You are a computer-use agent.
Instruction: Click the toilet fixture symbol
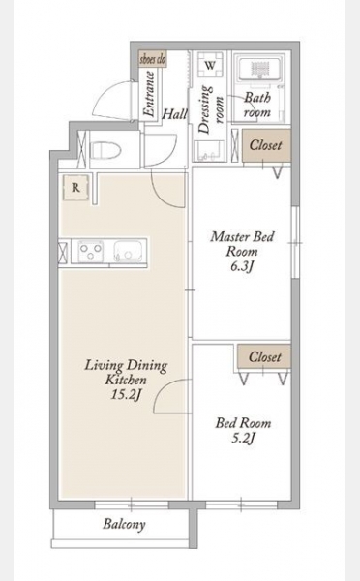click(x=106, y=150)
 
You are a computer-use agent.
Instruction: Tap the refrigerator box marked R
click(x=75, y=188)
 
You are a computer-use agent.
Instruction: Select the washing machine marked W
click(x=210, y=66)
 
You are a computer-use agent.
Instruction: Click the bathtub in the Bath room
click(x=262, y=70)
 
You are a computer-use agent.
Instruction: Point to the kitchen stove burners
click(x=90, y=251)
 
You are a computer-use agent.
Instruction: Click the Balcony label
click(x=125, y=524)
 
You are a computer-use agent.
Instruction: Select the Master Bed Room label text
click(x=243, y=244)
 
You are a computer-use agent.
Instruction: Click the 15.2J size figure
click(x=127, y=395)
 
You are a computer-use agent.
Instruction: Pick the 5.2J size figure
click(x=243, y=439)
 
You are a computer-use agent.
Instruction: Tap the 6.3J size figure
click(x=243, y=266)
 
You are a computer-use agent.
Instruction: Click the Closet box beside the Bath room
click(x=266, y=145)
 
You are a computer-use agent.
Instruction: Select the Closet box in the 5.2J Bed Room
click(x=264, y=356)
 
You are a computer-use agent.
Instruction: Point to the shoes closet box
click(x=153, y=59)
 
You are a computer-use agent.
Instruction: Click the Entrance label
click(x=150, y=94)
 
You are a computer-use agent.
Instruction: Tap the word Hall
click(x=175, y=114)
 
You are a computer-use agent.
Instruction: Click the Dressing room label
click(x=212, y=109)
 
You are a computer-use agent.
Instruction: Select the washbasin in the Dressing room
click(x=210, y=152)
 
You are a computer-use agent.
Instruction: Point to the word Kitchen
click(x=127, y=380)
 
